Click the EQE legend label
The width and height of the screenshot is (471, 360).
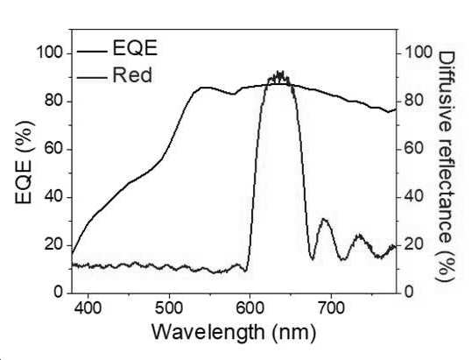[135, 48]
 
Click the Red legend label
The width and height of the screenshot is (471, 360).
[132, 75]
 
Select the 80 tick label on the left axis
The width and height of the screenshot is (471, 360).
[54, 101]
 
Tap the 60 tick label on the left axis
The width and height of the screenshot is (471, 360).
[54, 149]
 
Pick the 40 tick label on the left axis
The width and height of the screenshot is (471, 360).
[54, 197]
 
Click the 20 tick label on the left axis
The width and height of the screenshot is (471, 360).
[54, 245]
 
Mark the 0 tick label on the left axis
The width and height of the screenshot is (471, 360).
[59, 292]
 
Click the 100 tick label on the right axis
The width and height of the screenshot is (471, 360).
[418, 53]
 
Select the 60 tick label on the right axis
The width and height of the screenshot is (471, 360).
[414, 148]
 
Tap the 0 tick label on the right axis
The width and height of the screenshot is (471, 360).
[409, 292]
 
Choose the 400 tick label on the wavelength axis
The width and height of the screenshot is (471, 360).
[88, 308]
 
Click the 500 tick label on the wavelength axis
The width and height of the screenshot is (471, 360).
[169, 308]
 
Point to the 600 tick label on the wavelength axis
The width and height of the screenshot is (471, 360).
[250, 308]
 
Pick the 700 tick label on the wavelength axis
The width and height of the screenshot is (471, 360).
[331, 308]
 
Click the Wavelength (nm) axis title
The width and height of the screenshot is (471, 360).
[234, 333]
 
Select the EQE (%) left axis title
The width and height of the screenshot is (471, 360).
[24, 162]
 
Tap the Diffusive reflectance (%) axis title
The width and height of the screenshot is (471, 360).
[446, 166]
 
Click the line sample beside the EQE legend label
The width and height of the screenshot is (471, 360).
[92, 52]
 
